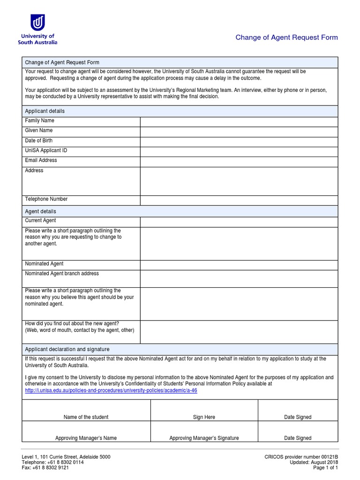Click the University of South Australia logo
37,29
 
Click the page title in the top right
286,37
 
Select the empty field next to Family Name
239,121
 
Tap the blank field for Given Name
239,131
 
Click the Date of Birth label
38,141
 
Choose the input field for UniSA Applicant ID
239,151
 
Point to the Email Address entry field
239,161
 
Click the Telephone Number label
46,199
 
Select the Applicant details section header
45,111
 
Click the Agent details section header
40,211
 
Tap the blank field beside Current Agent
239,221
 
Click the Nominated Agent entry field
239,264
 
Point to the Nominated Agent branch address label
61,274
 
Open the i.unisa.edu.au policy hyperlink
111,390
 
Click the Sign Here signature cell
204,410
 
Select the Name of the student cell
86,410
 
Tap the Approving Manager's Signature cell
204,432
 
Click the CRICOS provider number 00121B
301,457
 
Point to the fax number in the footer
45,467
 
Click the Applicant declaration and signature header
67,349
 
